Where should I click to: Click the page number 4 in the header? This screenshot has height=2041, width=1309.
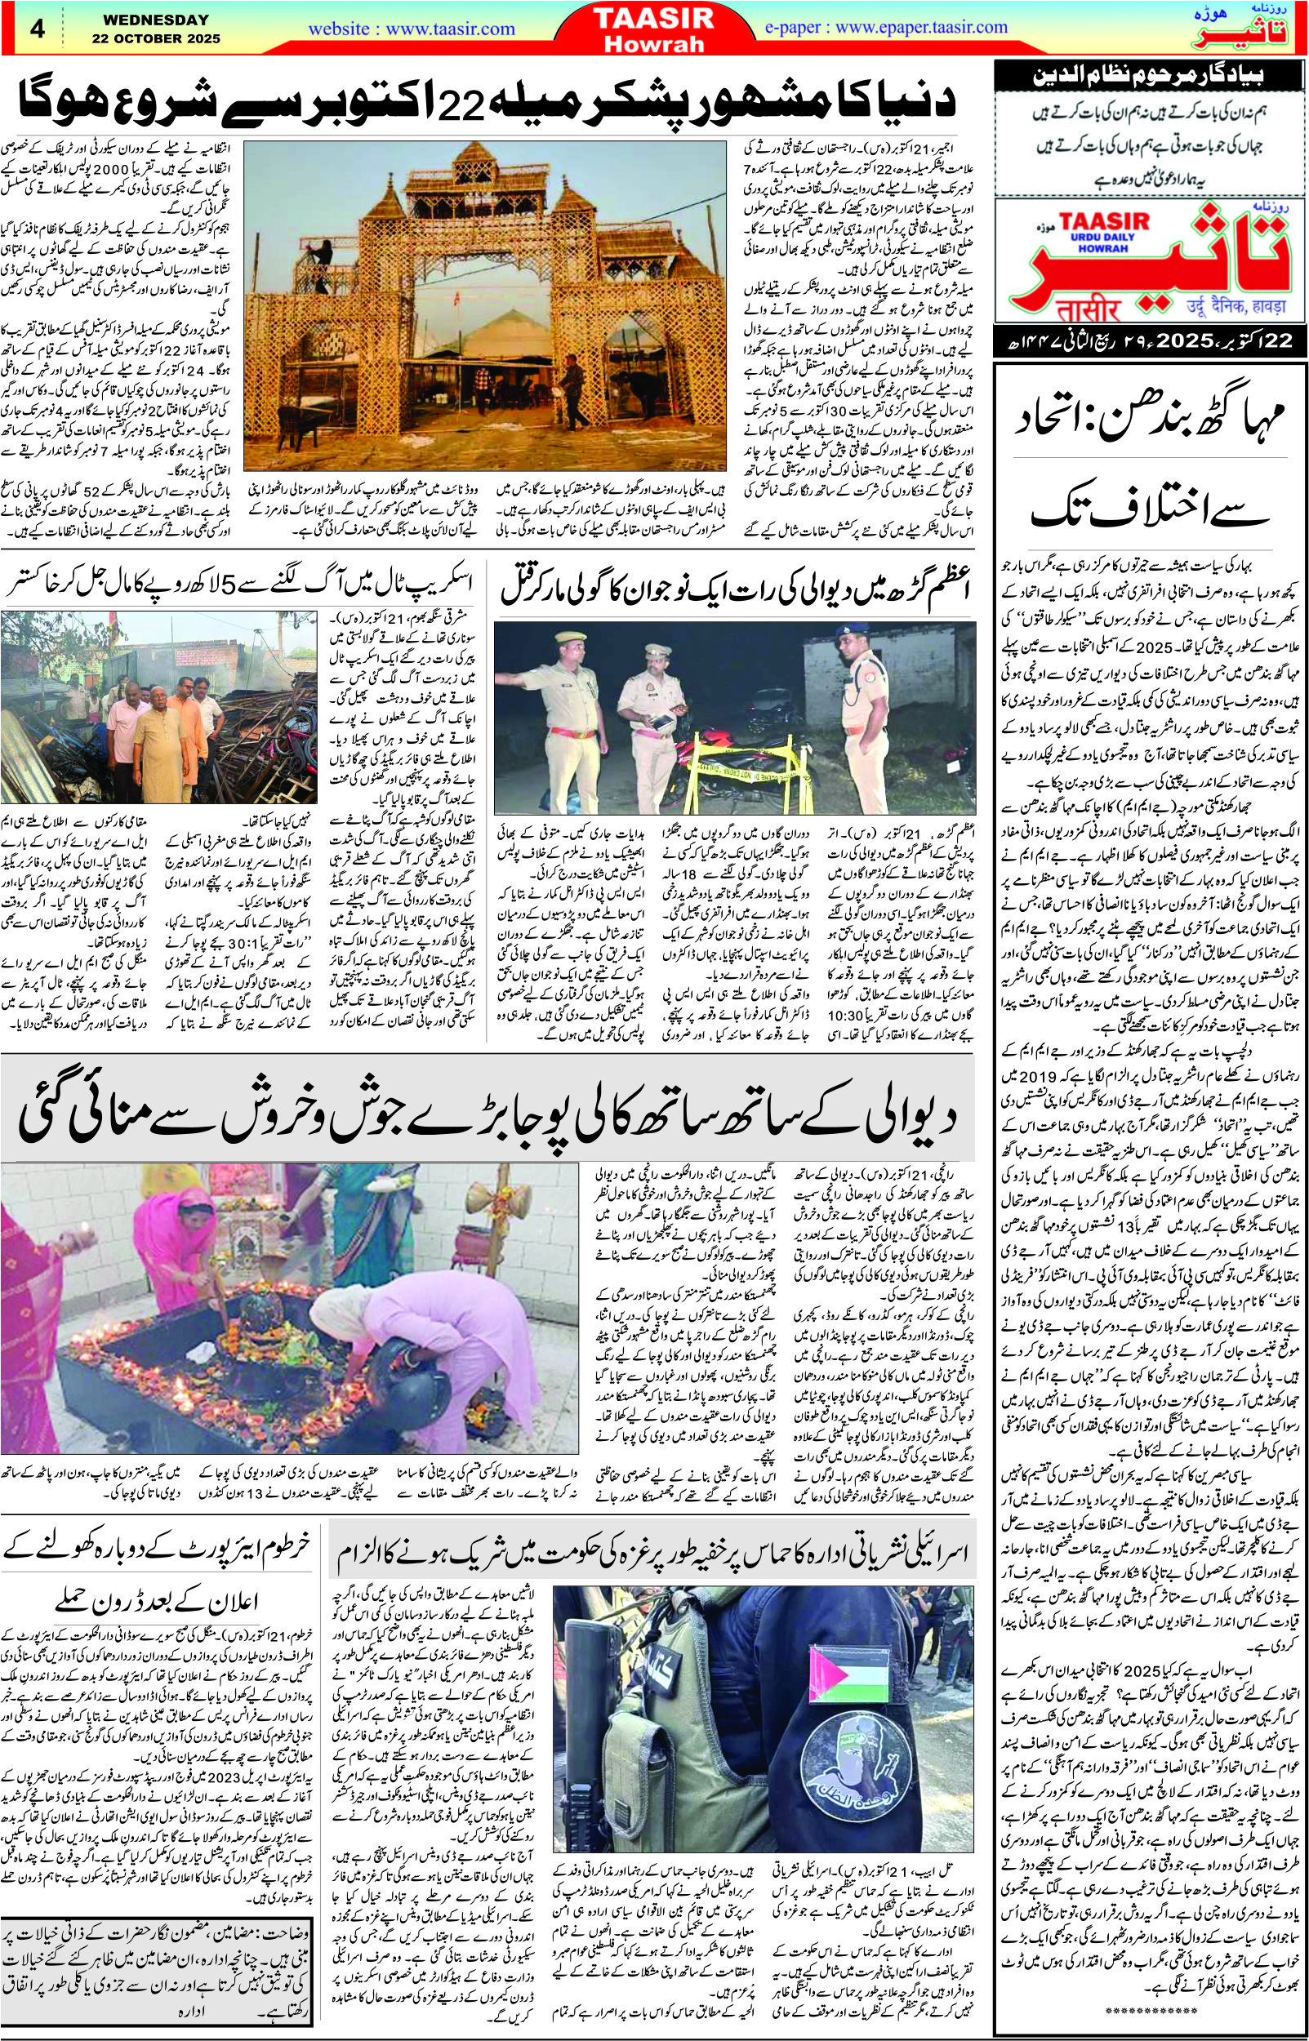tap(36, 28)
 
